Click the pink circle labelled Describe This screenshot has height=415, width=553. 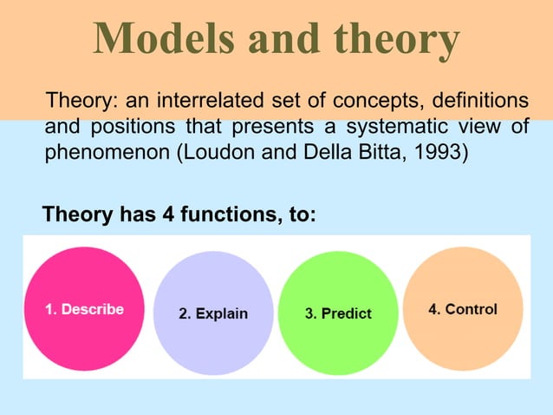point(84,309)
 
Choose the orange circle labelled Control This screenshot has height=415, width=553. point(463,309)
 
